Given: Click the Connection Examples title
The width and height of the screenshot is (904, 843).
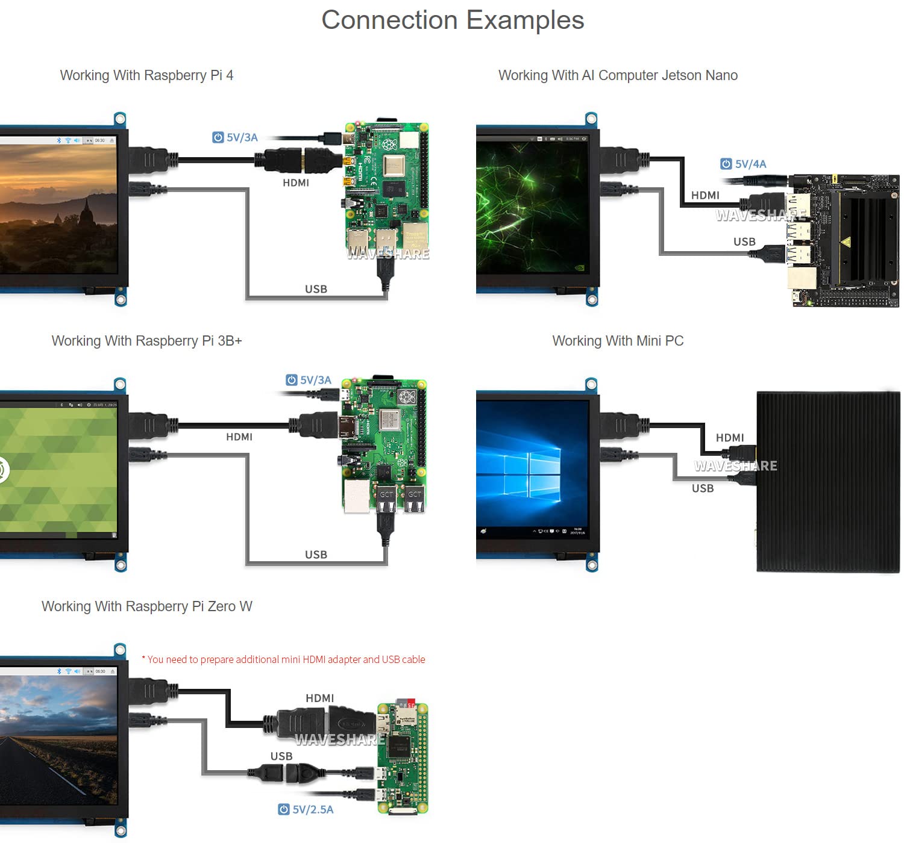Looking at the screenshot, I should [453, 20].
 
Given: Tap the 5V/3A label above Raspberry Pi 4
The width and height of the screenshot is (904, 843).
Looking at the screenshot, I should [242, 137].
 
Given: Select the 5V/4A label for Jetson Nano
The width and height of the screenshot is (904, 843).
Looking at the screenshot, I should [750, 164].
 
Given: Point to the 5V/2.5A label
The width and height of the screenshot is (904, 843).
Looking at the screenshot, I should [312, 809].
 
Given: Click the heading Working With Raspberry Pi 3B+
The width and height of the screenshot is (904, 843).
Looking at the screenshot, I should [146, 341].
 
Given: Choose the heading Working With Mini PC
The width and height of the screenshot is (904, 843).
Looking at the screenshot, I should [618, 341].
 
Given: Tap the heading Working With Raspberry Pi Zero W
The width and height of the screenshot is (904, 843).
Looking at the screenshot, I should [146, 606].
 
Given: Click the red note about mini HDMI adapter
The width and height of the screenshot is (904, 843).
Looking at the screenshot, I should [283, 659].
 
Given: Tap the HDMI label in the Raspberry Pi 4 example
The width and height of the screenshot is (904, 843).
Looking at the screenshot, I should [296, 182].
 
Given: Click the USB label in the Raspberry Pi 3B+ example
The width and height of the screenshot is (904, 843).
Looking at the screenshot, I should [316, 555].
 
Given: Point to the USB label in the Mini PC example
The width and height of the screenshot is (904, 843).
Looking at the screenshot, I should [703, 488].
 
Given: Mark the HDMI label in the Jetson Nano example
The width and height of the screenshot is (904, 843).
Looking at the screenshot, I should [705, 195].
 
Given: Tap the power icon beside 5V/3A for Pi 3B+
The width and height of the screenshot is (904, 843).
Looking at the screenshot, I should [292, 380].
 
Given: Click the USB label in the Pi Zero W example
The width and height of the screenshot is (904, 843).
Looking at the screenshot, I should [281, 756].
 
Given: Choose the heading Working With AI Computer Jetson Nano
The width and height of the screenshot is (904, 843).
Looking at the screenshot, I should [618, 75].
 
